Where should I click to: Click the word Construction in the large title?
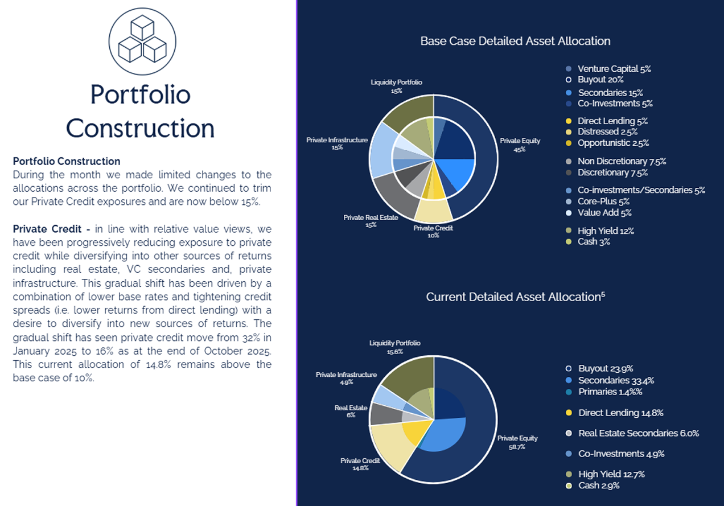point(140,129)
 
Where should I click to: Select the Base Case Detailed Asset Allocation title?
point(515,41)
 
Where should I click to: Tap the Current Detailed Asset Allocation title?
point(515,297)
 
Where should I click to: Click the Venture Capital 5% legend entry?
point(614,69)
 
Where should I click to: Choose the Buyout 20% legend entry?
point(600,80)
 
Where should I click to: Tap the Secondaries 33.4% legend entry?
point(615,380)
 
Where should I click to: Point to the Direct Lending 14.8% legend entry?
point(620,413)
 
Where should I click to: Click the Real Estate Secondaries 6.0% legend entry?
point(638,433)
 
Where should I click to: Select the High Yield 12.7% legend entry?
point(611,474)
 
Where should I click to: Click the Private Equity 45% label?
point(520,145)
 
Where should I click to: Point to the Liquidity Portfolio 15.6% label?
point(394,347)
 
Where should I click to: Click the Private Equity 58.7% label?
point(517,442)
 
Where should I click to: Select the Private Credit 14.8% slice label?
point(360,464)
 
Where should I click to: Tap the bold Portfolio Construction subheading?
point(67,161)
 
